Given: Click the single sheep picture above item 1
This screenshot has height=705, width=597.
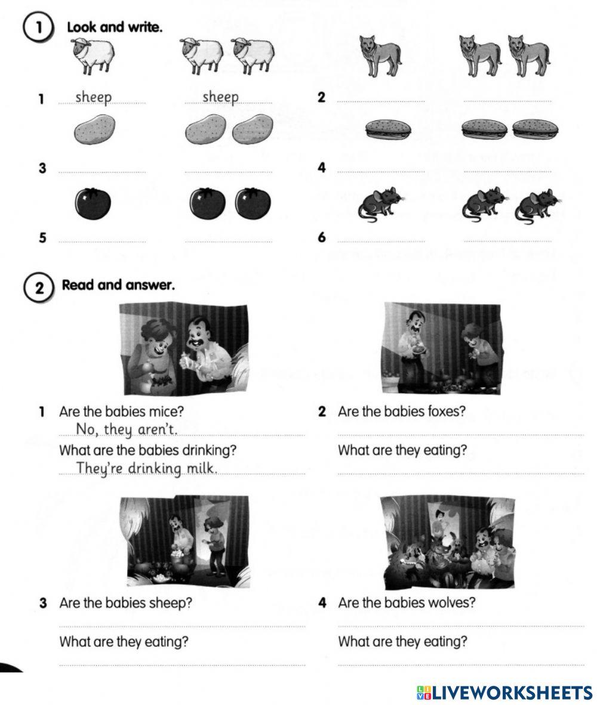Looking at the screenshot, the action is (93, 56).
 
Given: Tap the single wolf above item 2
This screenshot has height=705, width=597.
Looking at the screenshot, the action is (380, 55).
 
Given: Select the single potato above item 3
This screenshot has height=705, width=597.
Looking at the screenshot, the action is (94, 129).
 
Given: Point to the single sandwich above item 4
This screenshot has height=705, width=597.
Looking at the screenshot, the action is (388, 129).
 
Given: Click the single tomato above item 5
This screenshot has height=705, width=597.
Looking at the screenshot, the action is (93, 203).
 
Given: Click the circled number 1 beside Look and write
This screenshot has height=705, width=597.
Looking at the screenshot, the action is (38, 28).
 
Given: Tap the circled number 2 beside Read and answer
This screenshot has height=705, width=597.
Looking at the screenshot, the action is (39, 287).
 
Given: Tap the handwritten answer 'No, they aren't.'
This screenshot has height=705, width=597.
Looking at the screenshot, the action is (127, 430).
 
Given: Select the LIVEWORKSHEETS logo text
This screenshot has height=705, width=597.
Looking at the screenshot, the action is (505, 692).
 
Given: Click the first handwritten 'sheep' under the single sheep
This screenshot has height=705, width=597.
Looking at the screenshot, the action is (94, 97).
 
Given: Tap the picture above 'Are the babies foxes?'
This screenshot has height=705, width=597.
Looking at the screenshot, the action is (441, 349).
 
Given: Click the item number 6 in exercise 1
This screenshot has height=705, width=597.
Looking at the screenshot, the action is (321, 237).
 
